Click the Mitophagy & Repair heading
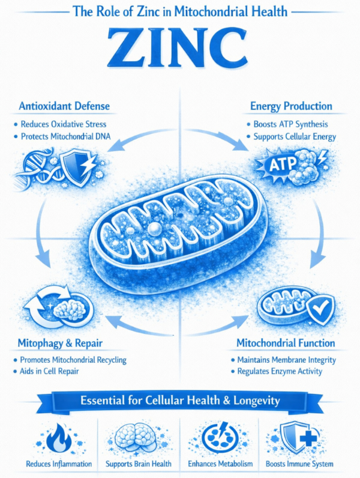coord(60,344)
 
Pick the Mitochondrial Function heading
coord(286,344)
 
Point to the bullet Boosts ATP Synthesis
coord(288,124)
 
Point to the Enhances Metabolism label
coord(220,464)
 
